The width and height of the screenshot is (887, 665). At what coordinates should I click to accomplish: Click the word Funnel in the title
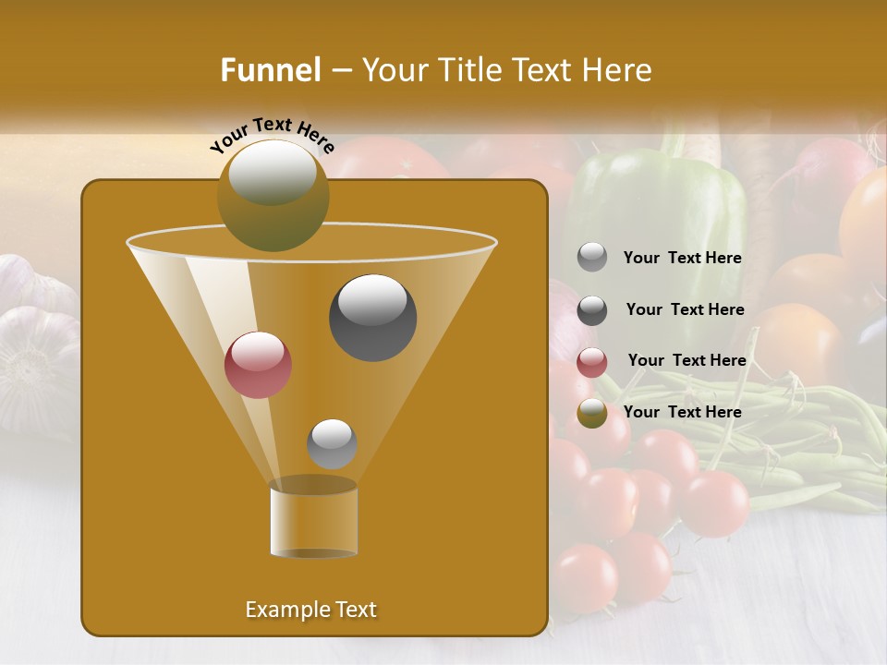(270, 70)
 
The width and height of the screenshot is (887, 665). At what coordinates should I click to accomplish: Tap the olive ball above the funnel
(273, 195)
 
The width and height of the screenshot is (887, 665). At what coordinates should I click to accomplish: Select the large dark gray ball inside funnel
(372, 317)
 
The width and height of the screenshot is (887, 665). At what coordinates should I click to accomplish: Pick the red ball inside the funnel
(258, 365)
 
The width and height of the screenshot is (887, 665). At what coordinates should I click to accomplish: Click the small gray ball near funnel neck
(332, 443)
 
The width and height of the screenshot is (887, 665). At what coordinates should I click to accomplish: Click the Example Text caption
(310, 610)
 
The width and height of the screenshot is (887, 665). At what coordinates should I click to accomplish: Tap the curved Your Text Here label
(272, 134)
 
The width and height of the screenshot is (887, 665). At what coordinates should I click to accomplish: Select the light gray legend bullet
(592, 258)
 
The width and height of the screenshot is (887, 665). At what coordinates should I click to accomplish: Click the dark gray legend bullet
(592, 310)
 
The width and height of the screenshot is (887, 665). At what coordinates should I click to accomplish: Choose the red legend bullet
(592, 362)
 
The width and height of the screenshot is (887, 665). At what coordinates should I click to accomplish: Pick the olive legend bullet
(592, 413)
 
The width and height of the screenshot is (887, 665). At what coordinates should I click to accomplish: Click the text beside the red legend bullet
(687, 360)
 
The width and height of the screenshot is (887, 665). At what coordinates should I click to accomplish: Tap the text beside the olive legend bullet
(682, 412)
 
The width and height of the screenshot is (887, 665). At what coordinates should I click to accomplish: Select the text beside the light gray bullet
(682, 258)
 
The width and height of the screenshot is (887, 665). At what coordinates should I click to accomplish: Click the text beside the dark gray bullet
(685, 309)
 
